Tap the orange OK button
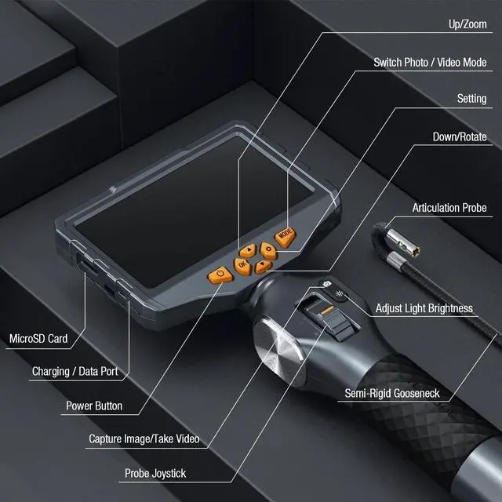tap(242, 266)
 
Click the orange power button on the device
tap(218, 275)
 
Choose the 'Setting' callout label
tap(471, 99)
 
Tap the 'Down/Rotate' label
tap(459, 137)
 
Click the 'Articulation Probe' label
tap(449, 208)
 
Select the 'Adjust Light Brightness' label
tap(424, 308)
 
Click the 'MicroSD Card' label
tap(38, 340)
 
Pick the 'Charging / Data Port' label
tap(75, 371)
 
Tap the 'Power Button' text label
tap(93, 407)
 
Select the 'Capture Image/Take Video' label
tap(144, 439)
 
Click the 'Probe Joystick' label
tap(155, 474)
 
